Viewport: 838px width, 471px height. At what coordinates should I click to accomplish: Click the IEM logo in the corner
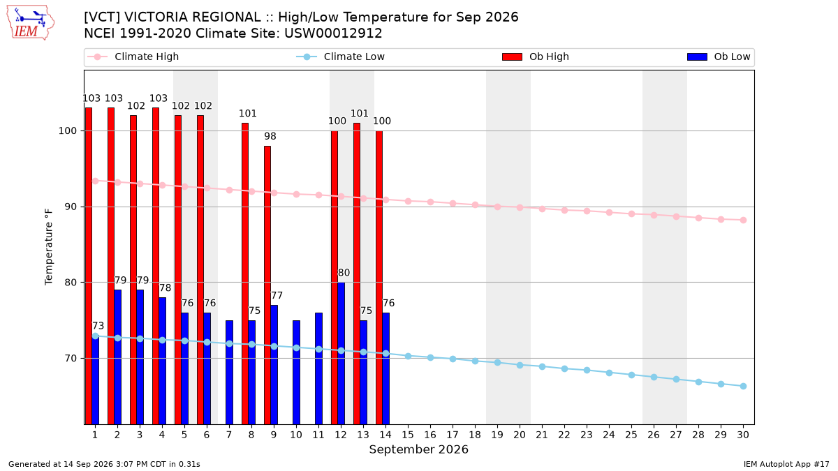(30, 23)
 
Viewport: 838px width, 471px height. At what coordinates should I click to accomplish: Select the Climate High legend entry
(133, 57)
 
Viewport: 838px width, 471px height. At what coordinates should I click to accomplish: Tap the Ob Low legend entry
(719, 57)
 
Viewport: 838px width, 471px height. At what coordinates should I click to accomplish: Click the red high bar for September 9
(267, 285)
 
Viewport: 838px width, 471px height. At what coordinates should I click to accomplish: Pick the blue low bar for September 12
(341, 353)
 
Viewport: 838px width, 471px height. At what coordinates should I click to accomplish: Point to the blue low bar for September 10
(296, 373)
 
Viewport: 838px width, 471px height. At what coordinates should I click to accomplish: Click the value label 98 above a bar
(270, 137)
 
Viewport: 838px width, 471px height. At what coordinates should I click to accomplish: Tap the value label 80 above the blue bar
(344, 273)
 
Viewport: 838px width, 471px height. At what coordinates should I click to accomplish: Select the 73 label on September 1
(98, 326)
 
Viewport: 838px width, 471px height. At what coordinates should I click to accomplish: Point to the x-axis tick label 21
(542, 435)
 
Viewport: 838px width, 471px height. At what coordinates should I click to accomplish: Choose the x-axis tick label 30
(743, 435)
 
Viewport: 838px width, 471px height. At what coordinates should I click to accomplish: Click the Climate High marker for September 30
(743, 220)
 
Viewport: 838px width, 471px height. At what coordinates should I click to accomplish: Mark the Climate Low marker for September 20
(520, 365)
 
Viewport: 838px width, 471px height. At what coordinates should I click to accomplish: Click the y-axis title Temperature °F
(49, 247)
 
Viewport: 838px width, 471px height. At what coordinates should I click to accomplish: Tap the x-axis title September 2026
(418, 449)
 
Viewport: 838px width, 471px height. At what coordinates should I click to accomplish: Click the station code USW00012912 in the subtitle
(333, 33)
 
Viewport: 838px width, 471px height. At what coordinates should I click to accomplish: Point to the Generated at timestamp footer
(104, 464)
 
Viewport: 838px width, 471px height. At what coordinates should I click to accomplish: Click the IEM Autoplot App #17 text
(786, 464)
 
